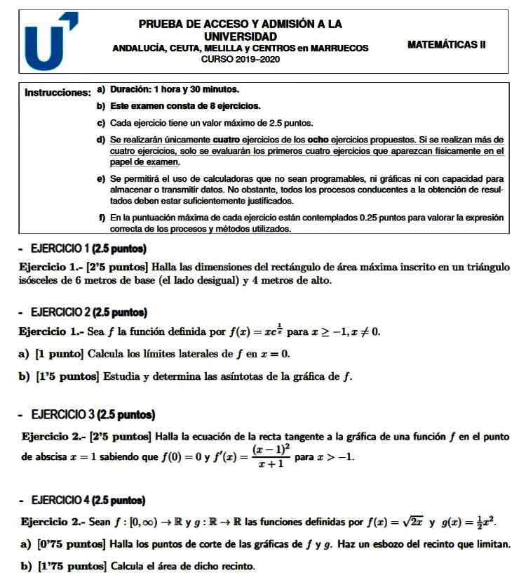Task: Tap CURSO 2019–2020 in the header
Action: pos(240,60)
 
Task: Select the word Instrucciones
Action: pos(57,92)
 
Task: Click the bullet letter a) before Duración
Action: pos(101,90)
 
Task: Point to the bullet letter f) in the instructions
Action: pos(102,218)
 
